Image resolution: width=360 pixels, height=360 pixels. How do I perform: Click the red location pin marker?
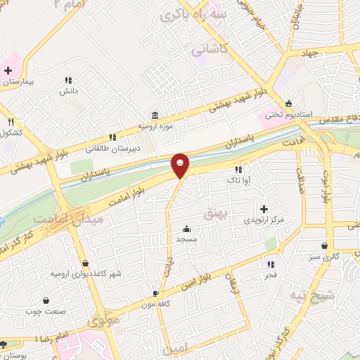click(180, 165)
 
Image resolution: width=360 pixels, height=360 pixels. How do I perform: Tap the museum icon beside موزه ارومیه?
click(154, 115)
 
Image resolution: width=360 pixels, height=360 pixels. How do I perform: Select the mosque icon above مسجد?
click(186, 229)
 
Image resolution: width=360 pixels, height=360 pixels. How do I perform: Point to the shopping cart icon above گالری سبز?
click(323, 246)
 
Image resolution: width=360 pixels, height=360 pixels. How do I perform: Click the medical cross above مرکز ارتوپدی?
click(264, 209)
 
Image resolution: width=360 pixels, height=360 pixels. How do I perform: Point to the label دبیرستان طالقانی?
click(113, 148)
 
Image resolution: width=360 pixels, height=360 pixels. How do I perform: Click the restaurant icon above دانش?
click(68, 80)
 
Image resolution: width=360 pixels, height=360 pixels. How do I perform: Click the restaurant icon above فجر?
click(271, 264)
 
